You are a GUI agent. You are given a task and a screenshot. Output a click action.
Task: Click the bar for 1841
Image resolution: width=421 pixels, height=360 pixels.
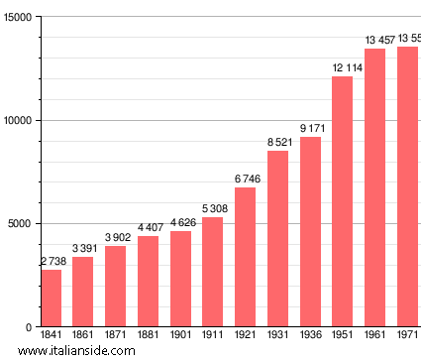click(51, 298)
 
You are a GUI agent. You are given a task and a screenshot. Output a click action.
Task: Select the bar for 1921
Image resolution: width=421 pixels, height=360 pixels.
click(245, 257)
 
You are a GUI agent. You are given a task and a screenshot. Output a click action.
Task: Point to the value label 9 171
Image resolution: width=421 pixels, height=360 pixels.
click(310, 129)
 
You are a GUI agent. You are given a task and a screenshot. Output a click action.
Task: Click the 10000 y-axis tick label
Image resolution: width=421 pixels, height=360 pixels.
click(17, 121)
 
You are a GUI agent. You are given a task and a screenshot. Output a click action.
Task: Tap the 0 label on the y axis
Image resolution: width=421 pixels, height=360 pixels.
click(29, 327)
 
